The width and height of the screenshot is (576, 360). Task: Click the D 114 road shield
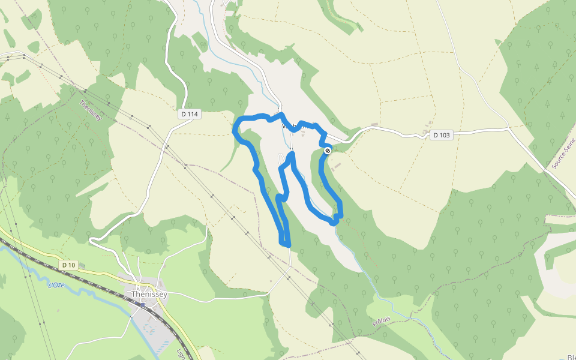[x=188, y=114]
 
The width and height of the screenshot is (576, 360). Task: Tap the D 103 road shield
[x=441, y=135]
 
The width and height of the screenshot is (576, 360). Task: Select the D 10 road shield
[x=68, y=265]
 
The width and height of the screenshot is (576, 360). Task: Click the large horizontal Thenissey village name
[x=149, y=294]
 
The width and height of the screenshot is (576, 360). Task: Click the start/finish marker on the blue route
[x=328, y=151]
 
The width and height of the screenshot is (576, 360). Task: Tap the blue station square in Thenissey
[x=142, y=304]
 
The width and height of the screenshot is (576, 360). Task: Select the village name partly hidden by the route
[x=298, y=127]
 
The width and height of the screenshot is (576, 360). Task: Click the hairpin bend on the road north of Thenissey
[x=92, y=239]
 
